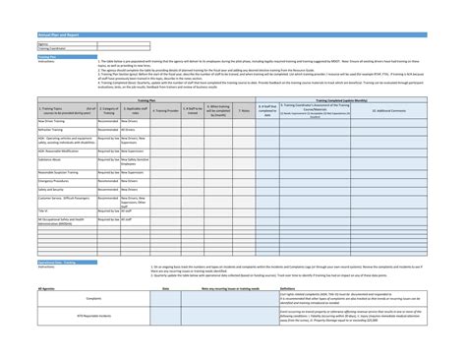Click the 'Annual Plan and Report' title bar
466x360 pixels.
click(x=59, y=35)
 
